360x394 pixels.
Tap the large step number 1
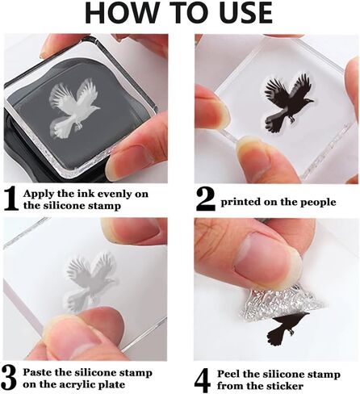pyautogui.click(x=11, y=199)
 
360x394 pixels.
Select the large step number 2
pyautogui.click(x=206, y=199)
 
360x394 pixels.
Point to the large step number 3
pyautogui.click(x=10, y=378)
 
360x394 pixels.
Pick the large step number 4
pyautogui.click(x=203, y=380)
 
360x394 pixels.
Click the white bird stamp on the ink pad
pyautogui.click(x=73, y=108)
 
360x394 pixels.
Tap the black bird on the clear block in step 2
pyautogui.click(x=288, y=103)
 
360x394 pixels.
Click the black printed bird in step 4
pyautogui.click(x=287, y=329)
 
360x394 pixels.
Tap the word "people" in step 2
pyautogui.click(x=319, y=203)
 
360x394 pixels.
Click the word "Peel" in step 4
pyautogui.click(x=228, y=374)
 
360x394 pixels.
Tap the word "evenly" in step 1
pyautogui.click(x=113, y=195)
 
